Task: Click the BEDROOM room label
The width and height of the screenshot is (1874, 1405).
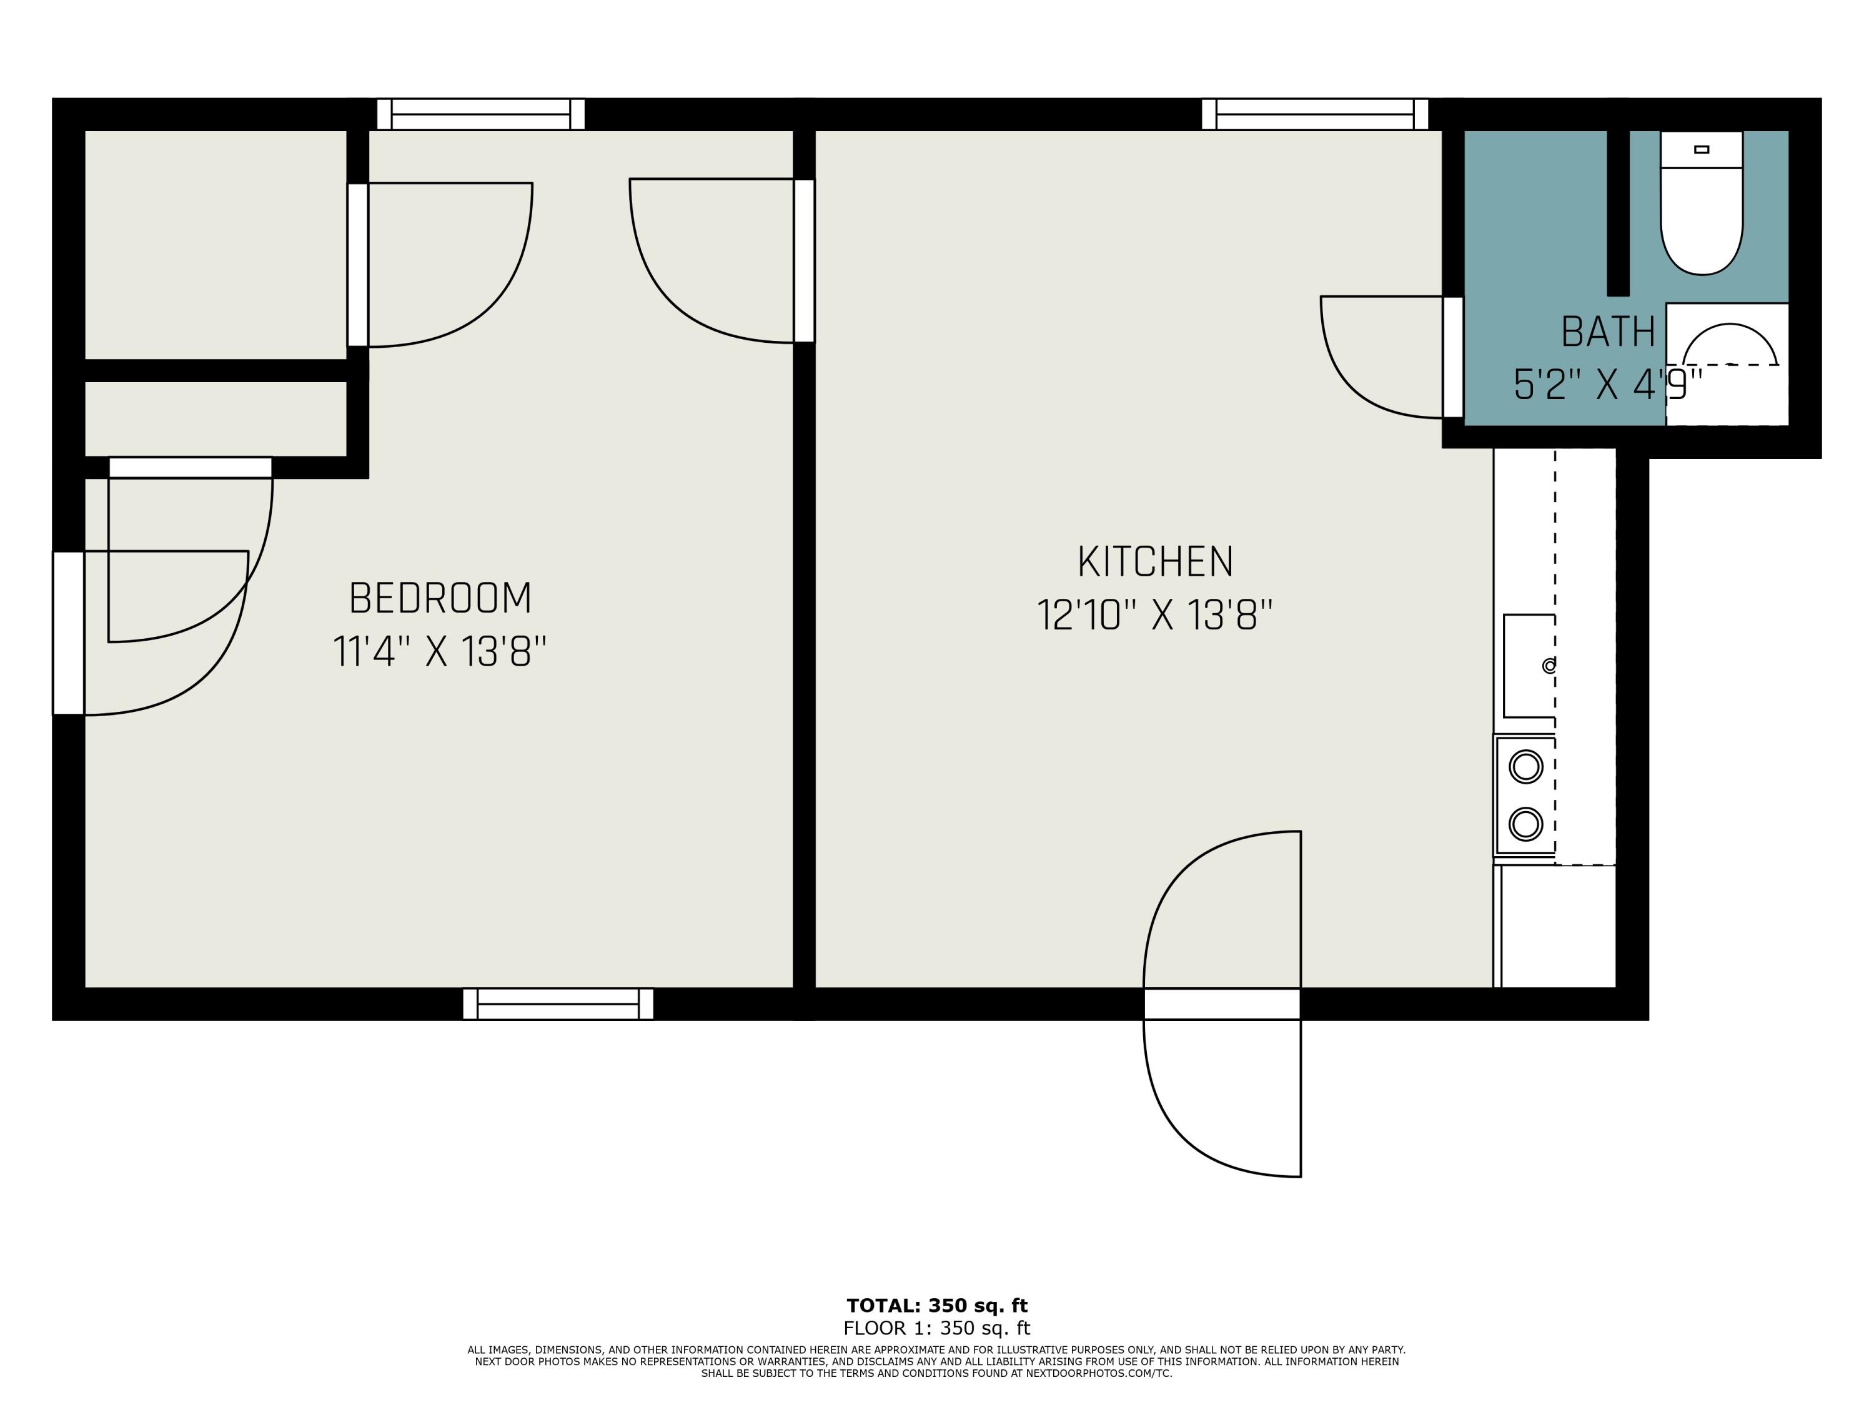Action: pos(440,598)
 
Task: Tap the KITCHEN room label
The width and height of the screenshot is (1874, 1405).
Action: pos(1155,561)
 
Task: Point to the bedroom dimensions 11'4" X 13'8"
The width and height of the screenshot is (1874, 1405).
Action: pos(440,652)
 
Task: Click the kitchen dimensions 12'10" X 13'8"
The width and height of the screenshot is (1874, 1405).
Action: pos(1155,615)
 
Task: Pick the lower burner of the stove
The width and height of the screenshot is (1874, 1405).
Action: pos(1526,823)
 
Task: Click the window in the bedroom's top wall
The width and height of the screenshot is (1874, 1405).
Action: pos(480,114)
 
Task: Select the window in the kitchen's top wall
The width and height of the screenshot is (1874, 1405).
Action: pos(1315,114)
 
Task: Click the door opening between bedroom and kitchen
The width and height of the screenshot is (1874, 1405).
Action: pos(804,261)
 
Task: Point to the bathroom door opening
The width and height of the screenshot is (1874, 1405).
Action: pos(1453,357)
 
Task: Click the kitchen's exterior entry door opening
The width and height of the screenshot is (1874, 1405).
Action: pos(1222,1003)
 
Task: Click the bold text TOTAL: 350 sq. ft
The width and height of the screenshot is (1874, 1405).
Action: pos(937,1305)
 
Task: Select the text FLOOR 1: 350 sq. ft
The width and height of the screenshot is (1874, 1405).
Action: pos(937,1328)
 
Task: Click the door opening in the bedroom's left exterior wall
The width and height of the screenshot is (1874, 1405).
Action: pos(69,633)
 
